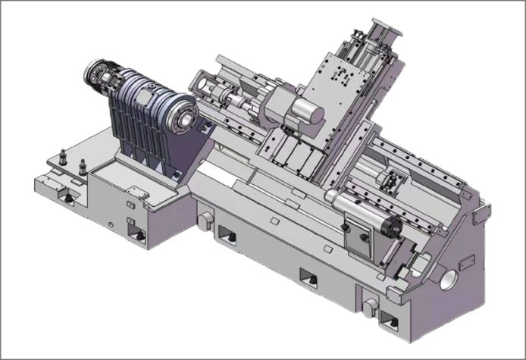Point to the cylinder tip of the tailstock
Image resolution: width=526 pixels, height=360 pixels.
393,226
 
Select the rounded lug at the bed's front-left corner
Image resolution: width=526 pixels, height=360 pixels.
203,219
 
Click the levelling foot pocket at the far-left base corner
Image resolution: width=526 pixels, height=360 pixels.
67,198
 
